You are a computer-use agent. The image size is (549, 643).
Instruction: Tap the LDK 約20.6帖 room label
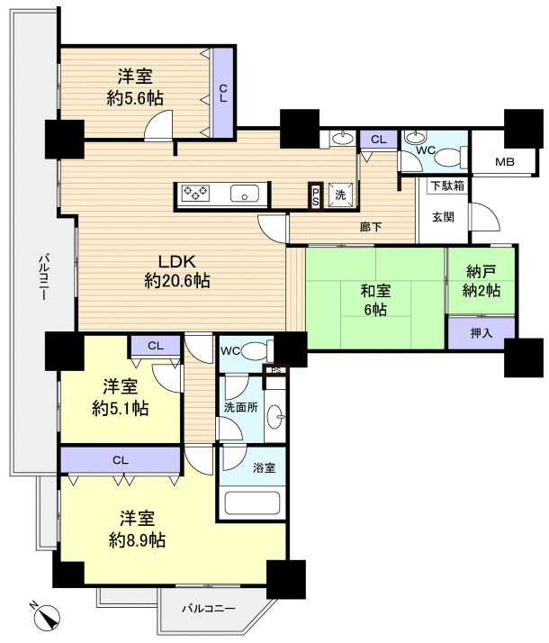(177, 271)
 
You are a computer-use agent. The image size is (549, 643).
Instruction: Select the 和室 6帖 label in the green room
(375, 300)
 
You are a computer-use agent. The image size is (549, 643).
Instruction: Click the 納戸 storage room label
(481, 281)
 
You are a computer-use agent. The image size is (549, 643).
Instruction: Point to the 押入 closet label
(481, 333)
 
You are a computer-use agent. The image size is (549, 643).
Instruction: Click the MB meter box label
(505, 162)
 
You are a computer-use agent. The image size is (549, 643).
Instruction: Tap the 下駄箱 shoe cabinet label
(447, 186)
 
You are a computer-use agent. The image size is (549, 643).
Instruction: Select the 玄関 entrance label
(444, 217)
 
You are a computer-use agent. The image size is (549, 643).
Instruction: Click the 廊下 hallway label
(371, 227)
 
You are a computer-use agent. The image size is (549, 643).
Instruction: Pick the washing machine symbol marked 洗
(340, 195)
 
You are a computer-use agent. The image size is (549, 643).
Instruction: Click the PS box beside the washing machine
(316, 196)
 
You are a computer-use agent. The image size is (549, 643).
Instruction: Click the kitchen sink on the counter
(245, 193)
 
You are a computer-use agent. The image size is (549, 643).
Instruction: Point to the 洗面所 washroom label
(241, 408)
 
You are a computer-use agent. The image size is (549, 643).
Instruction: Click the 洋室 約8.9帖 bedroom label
(137, 530)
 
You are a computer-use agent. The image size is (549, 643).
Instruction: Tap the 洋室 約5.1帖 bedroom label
(121, 398)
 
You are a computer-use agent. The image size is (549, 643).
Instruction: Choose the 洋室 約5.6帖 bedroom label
(135, 87)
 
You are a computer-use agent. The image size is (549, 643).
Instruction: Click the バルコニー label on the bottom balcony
(209, 608)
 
